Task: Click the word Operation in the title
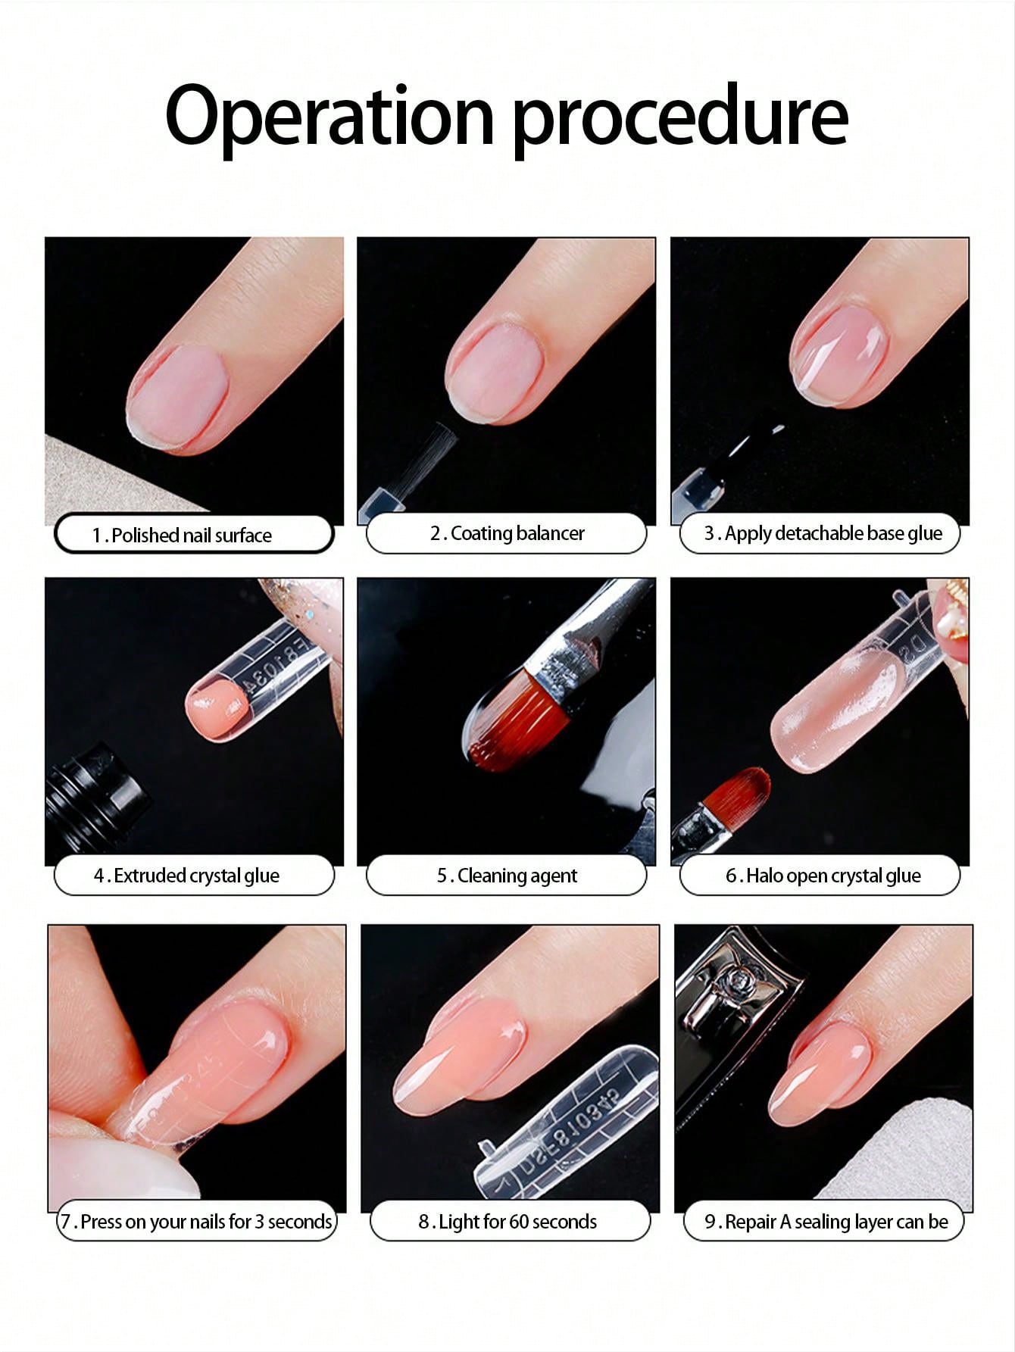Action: click(330, 115)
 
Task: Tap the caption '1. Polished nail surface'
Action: click(182, 535)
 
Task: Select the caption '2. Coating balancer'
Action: click(507, 533)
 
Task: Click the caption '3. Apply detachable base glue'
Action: click(823, 533)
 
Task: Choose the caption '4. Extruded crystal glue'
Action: click(186, 876)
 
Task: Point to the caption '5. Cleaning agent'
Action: click(507, 876)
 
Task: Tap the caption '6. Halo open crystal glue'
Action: click(823, 876)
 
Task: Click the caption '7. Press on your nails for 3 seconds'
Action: click(196, 1222)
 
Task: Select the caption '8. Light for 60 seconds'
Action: click(507, 1222)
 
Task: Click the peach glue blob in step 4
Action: click(217, 709)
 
